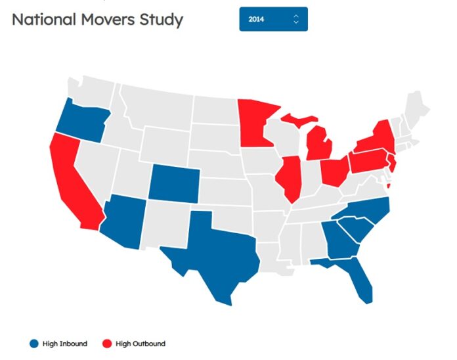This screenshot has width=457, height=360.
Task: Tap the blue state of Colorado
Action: [173, 181]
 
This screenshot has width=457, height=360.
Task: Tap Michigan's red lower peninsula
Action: [320, 145]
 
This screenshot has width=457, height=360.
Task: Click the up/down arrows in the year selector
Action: [296, 19]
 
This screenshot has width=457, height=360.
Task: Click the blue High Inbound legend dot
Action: [34, 344]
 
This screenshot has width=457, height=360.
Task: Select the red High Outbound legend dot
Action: [108, 344]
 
